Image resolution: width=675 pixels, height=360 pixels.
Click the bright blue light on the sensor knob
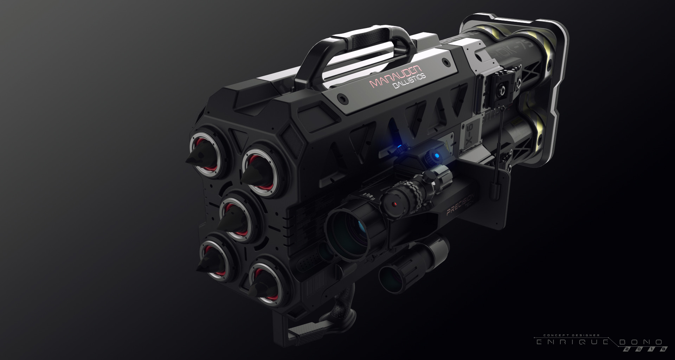[x=436, y=155]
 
